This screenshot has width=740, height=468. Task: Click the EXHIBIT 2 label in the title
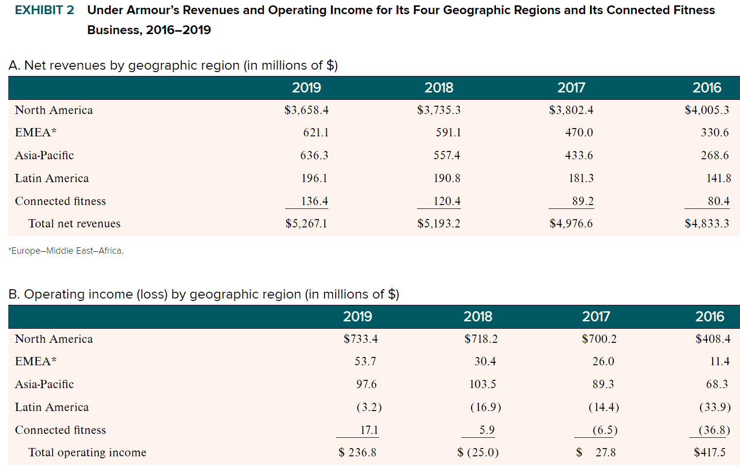pos(44,10)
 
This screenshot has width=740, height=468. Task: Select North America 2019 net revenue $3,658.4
pos(306,110)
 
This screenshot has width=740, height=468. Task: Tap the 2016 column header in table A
pos(706,88)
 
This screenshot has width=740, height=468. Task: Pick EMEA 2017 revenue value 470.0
pos(579,132)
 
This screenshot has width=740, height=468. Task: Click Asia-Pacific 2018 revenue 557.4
pos(447,155)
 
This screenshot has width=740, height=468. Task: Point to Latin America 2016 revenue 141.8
pos(719,178)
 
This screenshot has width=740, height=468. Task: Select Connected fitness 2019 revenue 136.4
pos(314,201)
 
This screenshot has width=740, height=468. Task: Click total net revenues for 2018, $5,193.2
pos(438,224)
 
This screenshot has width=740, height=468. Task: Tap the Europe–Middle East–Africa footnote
pos(66,251)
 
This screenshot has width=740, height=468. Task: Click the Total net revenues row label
pos(74,224)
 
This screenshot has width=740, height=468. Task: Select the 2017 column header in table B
pos(596,317)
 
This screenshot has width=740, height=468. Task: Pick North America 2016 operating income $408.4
pos(713,339)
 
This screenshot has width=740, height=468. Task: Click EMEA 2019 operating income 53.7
pos(365,361)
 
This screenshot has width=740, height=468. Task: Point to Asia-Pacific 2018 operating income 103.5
pos(482,384)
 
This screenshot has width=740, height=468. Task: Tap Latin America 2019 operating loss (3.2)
pos(369,407)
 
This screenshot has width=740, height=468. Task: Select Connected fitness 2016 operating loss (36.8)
pos(714,430)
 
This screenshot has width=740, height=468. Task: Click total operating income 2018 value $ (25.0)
pos(478,452)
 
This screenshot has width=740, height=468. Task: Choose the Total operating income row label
pos(87,452)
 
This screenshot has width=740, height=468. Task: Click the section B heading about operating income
pos(204,294)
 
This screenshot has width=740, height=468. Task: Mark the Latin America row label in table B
pos(52,407)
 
